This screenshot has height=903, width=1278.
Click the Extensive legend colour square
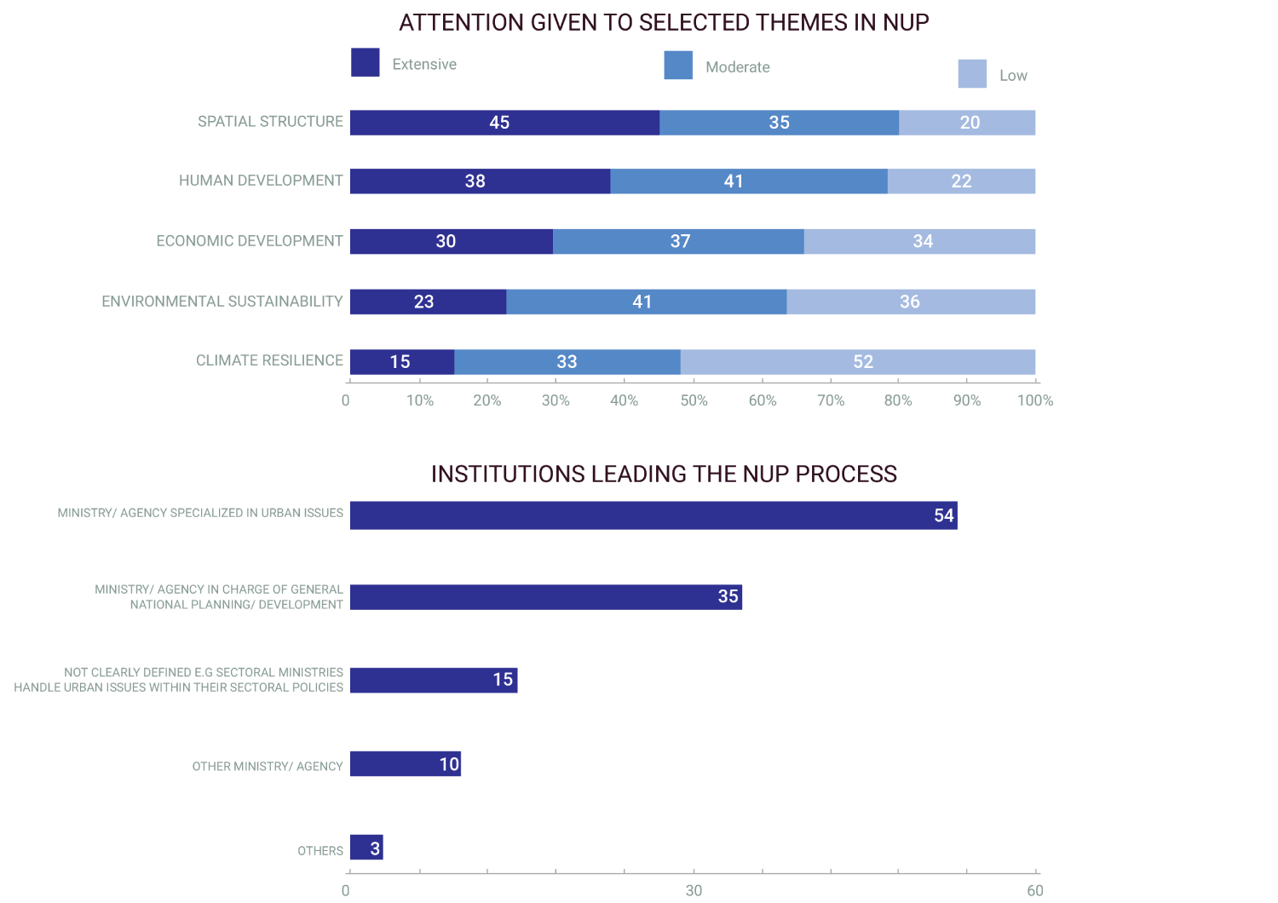click(365, 62)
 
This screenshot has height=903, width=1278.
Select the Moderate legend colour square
click(678, 65)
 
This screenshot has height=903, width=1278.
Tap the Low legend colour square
click(972, 73)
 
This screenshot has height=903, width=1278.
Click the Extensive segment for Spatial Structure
click(504, 123)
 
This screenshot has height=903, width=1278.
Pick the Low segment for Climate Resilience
click(857, 362)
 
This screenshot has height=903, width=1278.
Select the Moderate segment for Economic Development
click(678, 241)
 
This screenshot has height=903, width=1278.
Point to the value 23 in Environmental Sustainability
click(423, 302)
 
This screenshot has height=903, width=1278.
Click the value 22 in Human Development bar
click(961, 181)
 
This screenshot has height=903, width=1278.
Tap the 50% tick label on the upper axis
click(694, 400)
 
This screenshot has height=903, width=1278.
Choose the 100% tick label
click(1035, 400)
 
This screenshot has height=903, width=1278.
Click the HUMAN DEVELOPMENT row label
click(261, 181)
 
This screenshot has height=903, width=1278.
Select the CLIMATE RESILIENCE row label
click(269, 360)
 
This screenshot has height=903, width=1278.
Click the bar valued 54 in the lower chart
click(653, 515)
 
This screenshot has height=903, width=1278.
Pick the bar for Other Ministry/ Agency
click(405, 764)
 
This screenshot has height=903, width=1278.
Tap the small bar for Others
click(366, 848)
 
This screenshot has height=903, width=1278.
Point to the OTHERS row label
click(320, 851)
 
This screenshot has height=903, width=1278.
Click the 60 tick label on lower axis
click(1035, 890)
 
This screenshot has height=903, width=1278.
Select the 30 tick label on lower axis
click(694, 890)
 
